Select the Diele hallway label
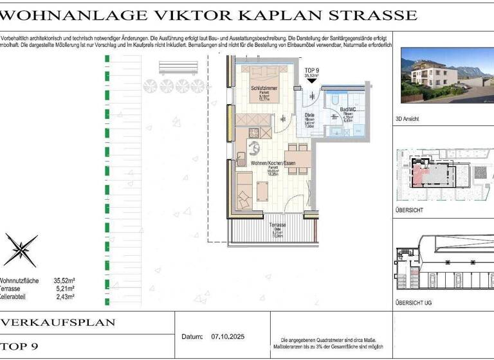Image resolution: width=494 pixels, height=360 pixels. coord(309,116)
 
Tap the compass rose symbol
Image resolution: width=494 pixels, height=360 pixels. coord(21,249)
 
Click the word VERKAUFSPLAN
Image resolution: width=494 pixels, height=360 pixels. coord(59,322)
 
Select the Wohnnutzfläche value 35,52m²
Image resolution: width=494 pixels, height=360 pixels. coord(65,281)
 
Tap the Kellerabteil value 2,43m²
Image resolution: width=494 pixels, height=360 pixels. coord(65,296)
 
